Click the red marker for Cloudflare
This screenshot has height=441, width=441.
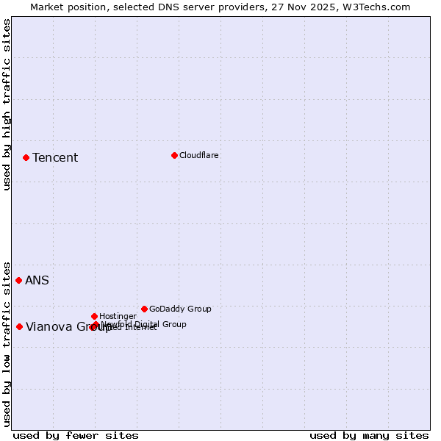[174, 155]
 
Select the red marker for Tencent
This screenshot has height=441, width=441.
[26, 157]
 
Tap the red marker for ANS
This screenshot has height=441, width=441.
[18, 280]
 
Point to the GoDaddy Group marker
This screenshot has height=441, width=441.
[144, 309]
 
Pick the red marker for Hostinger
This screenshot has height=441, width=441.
[94, 316]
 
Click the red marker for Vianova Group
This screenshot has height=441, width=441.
[19, 326]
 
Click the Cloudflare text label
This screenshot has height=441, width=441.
[199, 155]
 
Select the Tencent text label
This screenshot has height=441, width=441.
[55, 157]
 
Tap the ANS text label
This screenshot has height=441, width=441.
[37, 280]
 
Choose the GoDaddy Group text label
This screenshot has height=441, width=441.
[180, 309]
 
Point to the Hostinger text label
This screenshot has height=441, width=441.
[118, 316]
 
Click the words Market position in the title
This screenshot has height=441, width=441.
[68, 7]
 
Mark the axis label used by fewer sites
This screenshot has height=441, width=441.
[76, 435]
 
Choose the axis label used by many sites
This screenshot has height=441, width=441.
[369, 435]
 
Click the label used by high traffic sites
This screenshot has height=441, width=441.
[7, 104]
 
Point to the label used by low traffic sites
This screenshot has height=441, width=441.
[7, 343]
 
